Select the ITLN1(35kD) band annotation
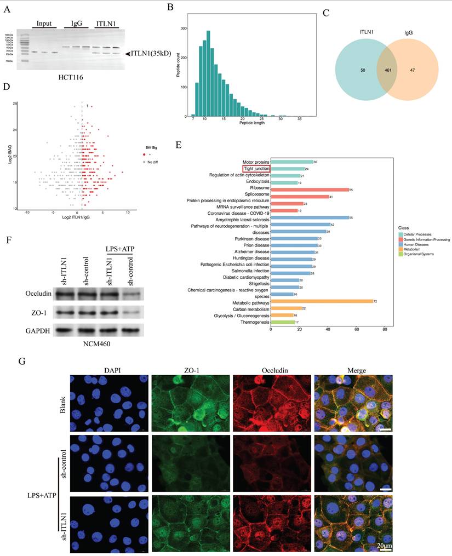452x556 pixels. (x=153, y=54)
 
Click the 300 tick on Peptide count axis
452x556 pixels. (x=184, y=28)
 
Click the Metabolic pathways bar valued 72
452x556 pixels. (x=322, y=301)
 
